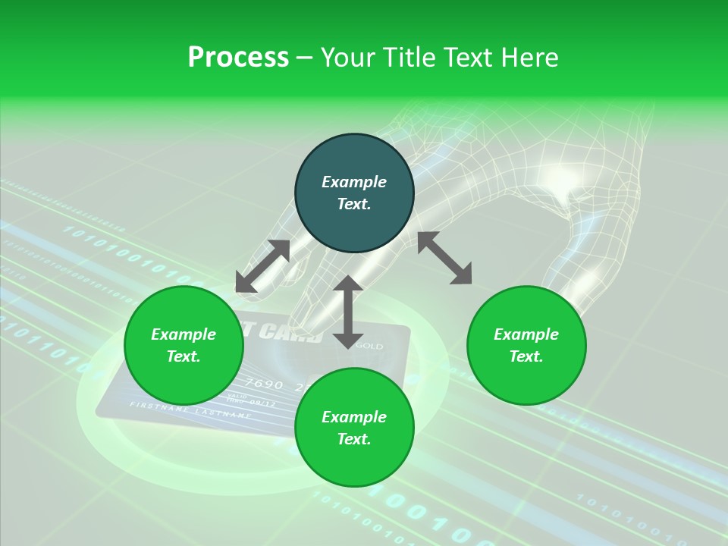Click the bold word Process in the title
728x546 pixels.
(238, 58)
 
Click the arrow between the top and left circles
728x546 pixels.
(262, 266)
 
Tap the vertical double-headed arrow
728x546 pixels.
(348, 312)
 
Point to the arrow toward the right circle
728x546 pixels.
(444, 258)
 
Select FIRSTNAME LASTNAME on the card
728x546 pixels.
(190, 410)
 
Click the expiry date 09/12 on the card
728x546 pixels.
(262, 403)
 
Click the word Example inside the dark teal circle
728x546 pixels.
(354, 182)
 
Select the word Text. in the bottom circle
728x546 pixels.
(354, 439)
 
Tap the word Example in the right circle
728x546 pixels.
(526, 334)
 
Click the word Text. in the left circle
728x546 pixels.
(184, 356)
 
